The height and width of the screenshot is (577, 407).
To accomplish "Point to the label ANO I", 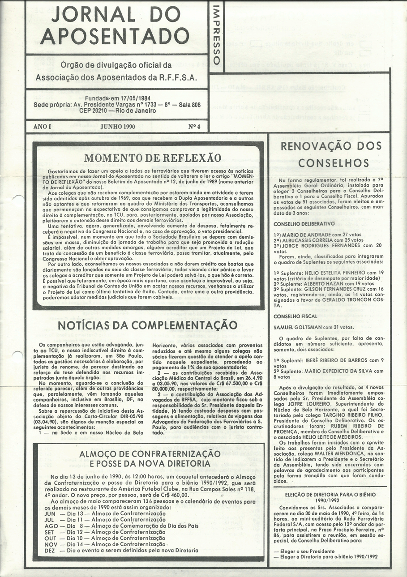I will point(42,127).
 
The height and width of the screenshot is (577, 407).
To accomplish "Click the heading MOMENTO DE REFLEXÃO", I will point(153,158).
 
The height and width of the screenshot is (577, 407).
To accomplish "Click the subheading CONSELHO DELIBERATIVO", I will point(304,223).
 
